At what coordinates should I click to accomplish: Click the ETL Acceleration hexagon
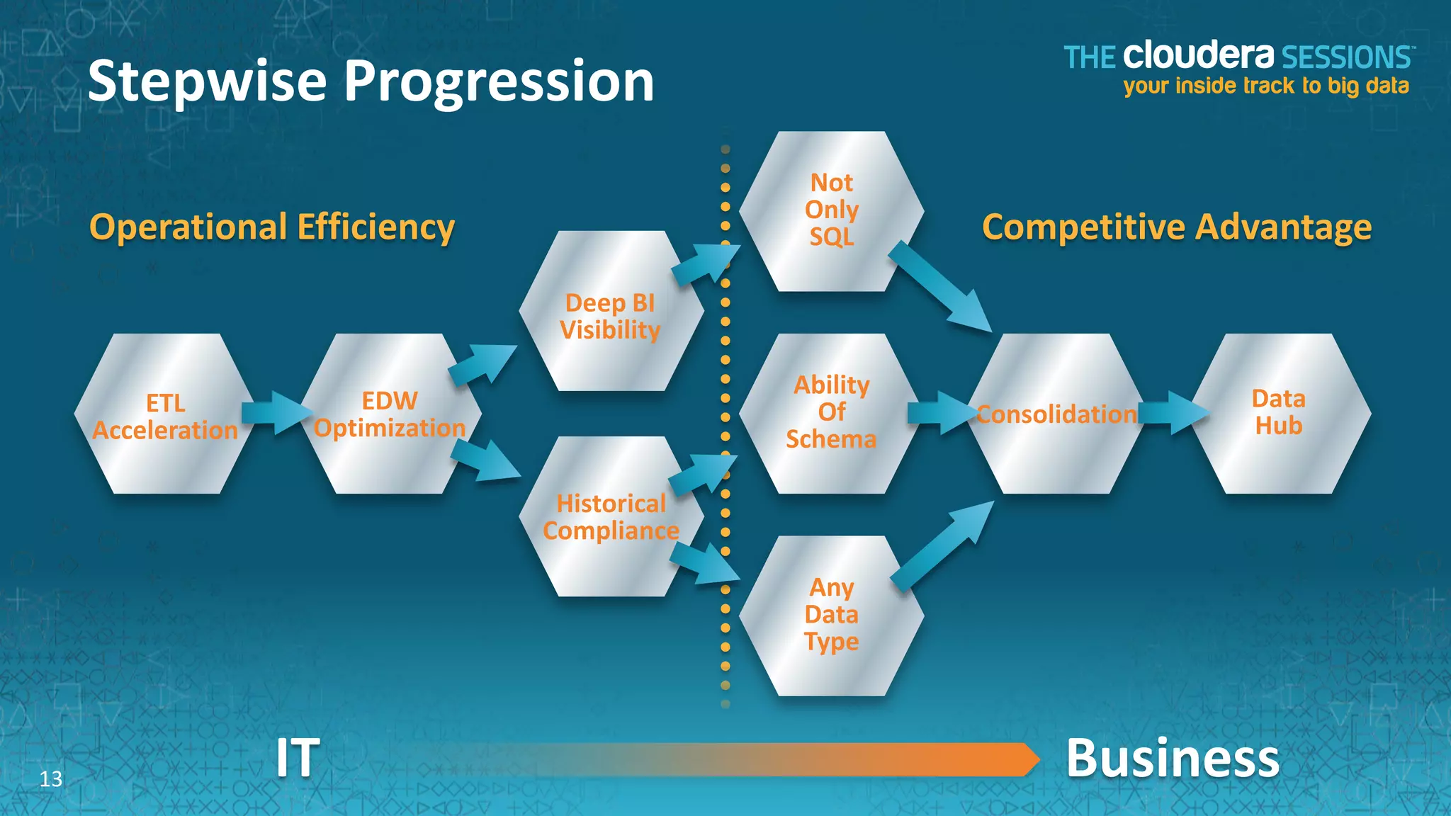(x=164, y=414)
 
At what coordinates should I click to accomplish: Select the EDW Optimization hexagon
(x=390, y=414)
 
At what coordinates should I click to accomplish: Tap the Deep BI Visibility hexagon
(x=611, y=312)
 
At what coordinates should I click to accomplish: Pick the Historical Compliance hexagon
(x=611, y=517)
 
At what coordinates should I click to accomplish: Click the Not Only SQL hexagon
(x=831, y=210)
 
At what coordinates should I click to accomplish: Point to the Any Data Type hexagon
(x=831, y=616)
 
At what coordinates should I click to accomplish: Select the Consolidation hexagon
(x=1056, y=414)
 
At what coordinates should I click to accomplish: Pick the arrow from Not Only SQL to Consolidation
(x=939, y=286)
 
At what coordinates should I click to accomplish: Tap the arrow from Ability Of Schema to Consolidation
(x=939, y=413)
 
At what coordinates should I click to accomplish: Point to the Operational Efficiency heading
(x=272, y=227)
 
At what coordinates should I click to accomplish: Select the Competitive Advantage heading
(x=1176, y=227)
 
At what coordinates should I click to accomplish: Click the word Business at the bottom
(x=1173, y=758)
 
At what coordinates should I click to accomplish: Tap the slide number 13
(x=51, y=779)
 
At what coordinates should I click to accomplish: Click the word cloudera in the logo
(x=1198, y=56)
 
